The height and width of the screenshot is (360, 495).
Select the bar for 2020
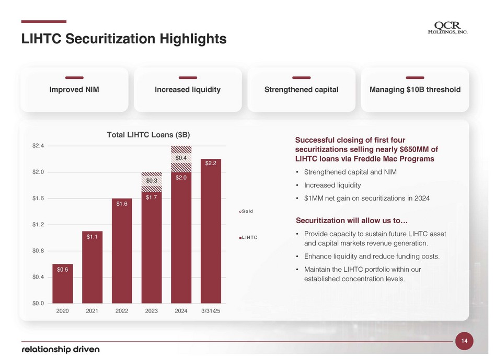pos(63,283)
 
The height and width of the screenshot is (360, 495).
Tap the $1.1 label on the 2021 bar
pos(92,237)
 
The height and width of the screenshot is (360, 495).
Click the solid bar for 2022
pos(122,251)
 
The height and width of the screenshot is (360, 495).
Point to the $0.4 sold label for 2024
pos(181,157)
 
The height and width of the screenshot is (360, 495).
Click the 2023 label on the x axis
pos(152,311)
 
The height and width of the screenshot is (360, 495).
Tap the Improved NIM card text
pos(74,90)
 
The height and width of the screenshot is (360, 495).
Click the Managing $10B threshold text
pos(415,90)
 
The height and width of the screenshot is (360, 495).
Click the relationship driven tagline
pos(61,349)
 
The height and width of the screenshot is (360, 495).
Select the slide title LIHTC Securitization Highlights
pos(123,39)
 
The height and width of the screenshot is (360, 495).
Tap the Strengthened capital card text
pos(301,90)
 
